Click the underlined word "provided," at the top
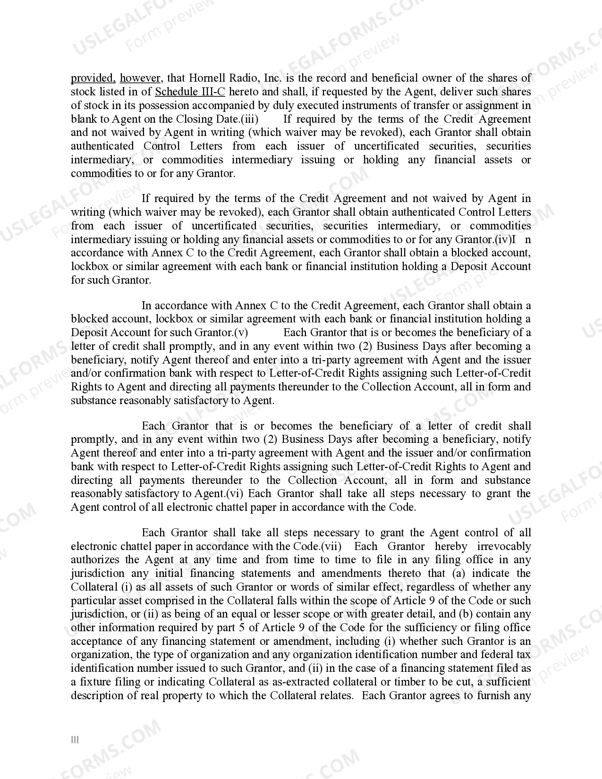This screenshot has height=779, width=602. [x=93, y=78]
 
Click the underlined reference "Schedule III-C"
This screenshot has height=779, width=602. [x=190, y=92]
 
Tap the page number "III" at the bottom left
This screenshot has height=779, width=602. [x=75, y=740]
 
